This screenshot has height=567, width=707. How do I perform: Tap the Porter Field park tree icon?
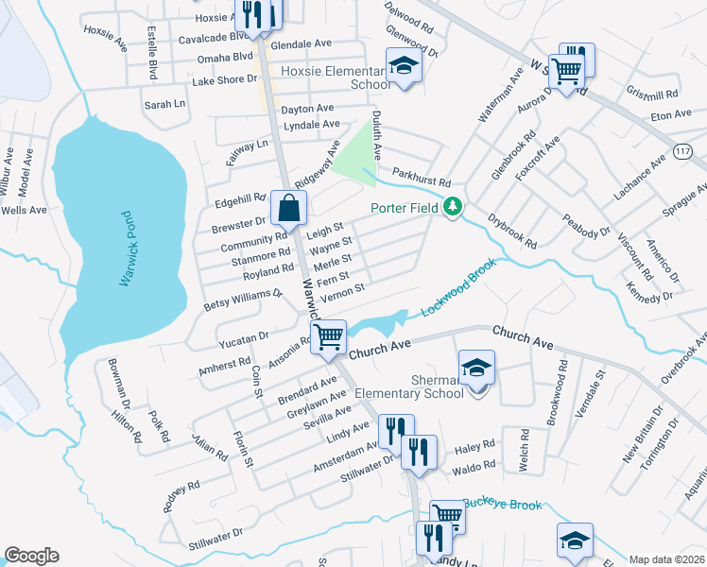coord(454,206)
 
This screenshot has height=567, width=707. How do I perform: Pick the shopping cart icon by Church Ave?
coord(328,336)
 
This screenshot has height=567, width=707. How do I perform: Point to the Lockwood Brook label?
coord(458,288)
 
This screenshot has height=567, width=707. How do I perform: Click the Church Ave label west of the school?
coord(380,349)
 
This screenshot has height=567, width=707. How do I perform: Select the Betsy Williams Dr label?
coord(244,300)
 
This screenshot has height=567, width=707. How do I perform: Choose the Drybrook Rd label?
coord(512,231)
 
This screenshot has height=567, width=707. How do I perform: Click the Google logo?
coord(31,556)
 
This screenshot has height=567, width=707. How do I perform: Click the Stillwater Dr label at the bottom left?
coord(216,538)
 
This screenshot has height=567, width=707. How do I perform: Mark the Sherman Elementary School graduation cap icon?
coord(476,368)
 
